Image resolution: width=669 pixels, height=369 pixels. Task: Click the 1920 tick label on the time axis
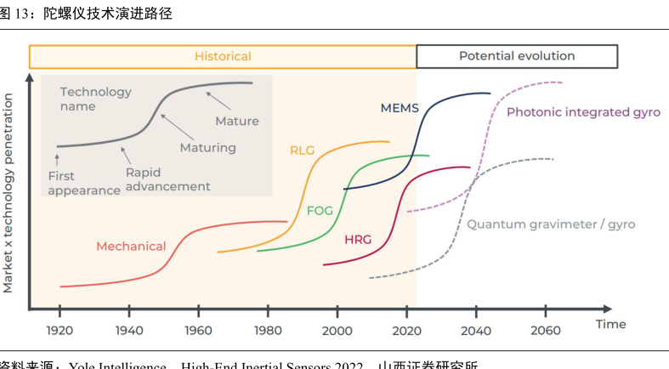(x=60, y=330)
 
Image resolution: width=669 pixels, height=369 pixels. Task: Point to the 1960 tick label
(x=198, y=330)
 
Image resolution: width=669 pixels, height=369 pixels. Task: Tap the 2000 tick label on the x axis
(x=337, y=330)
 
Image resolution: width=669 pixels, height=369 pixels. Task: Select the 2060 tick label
(x=545, y=330)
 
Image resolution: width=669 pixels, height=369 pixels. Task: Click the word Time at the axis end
(x=610, y=324)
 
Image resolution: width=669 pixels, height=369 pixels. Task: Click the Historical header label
(x=223, y=56)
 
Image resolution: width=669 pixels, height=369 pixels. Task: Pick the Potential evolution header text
(x=517, y=56)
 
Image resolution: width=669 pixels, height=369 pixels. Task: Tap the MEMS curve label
(x=400, y=108)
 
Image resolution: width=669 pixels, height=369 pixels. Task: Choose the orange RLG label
(x=302, y=150)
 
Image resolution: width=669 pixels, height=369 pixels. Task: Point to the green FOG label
(x=320, y=209)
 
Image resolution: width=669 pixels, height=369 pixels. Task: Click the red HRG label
(x=358, y=240)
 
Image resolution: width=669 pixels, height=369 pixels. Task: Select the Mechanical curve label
(x=131, y=247)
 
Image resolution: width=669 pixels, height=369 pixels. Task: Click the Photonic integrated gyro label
(x=583, y=112)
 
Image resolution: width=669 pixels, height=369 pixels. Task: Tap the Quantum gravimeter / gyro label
(x=551, y=224)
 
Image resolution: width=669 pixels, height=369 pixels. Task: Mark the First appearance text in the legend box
(x=83, y=184)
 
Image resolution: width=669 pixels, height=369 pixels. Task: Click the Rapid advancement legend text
(x=167, y=179)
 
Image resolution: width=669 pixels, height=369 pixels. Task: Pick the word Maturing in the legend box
(x=208, y=149)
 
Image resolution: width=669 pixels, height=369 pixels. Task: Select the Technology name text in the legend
(x=96, y=99)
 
